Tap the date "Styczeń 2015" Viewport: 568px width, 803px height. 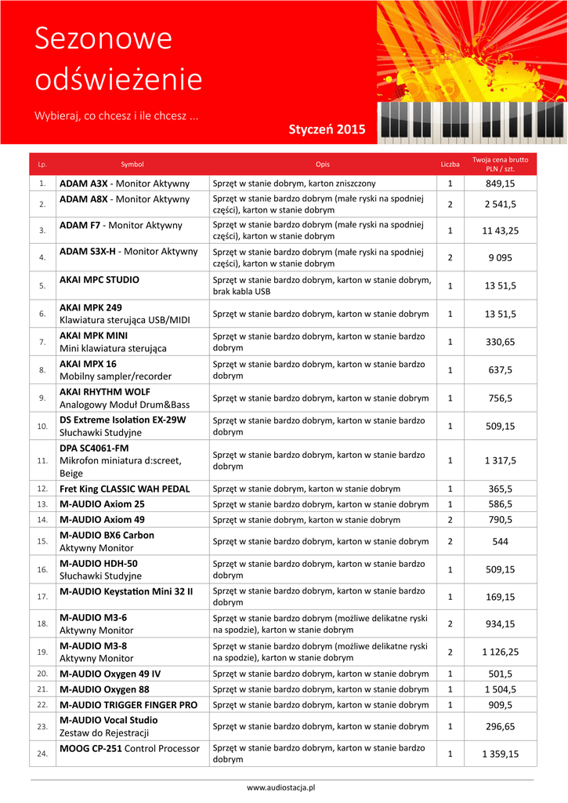pyautogui.click(x=327, y=129)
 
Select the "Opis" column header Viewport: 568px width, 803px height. pyautogui.click(x=322, y=165)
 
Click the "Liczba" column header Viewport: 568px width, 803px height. pyautogui.click(x=450, y=165)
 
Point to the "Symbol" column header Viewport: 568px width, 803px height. pyautogui.click(x=132, y=165)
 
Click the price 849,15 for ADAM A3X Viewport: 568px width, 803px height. pyautogui.click(x=500, y=183)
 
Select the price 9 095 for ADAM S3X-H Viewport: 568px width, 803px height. pyautogui.click(x=500, y=257)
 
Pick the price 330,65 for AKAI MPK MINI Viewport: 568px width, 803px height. pyautogui.click(x=500, y=342)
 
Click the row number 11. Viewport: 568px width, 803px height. pyautogui.click(x=42, y=460)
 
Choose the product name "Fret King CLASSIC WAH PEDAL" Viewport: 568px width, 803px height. pyautogui.click(x=125, y=489)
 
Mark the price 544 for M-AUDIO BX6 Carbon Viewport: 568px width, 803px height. pyautogui.click(x=500, y=541)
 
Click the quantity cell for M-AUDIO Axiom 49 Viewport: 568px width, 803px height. pyautogui.click(x=450, y=519)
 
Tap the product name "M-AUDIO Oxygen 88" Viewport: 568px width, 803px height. pyautogui.click(x=104, y=689)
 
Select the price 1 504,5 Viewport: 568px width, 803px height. pyautogui.click(x=500, y=689)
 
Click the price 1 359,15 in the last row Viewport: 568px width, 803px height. pyautogui.click(x=500, y=754)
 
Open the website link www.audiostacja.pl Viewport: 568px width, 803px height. pyautogui.click(x=280, y=787)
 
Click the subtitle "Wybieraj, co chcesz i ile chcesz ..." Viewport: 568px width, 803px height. pyautogui.click(x=116, y=115)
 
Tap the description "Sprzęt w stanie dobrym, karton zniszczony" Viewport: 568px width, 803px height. pyautogui.click(x=295, y=183)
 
